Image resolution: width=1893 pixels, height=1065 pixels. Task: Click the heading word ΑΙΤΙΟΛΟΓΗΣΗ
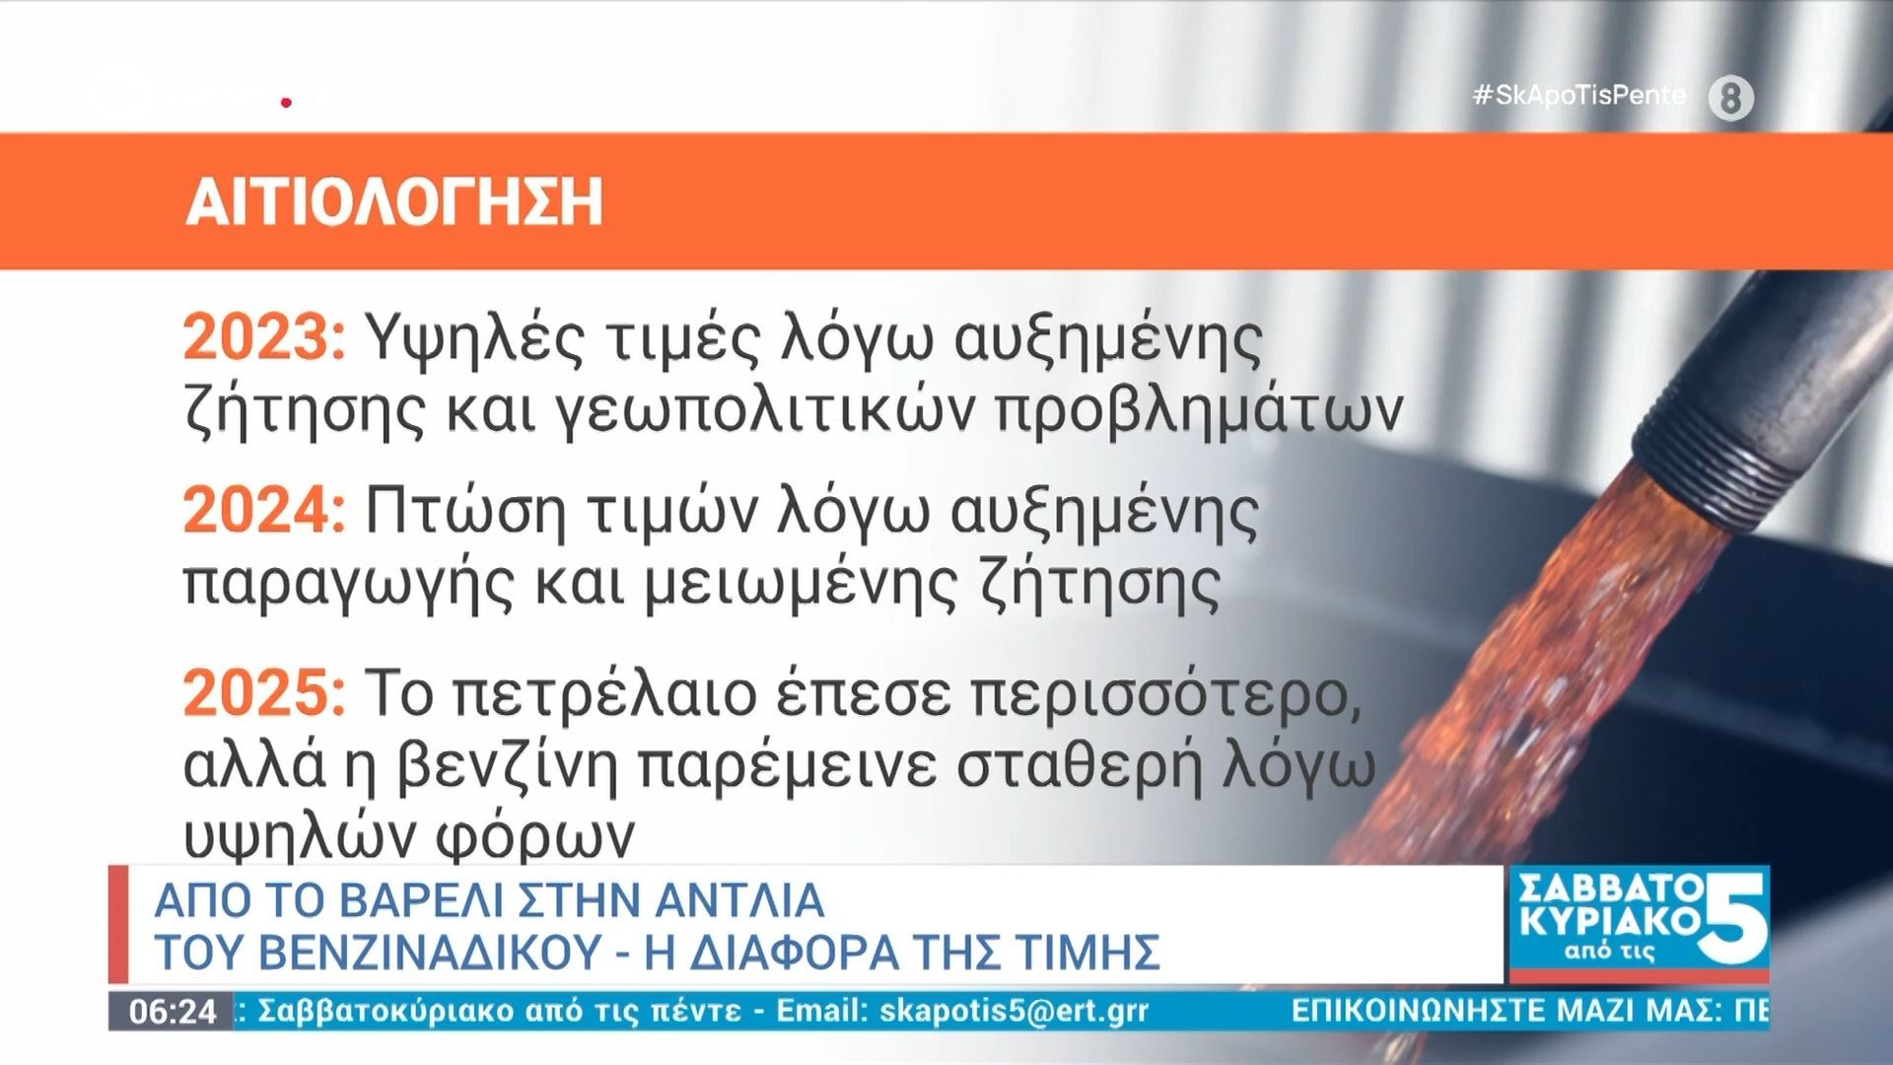(x=393, y=202)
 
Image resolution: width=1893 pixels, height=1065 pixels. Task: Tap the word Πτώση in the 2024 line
(x=465, y=512)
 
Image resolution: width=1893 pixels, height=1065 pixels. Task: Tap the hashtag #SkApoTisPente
(x=1579, y=95)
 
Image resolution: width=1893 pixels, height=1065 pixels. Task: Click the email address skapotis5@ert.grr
(x=1014, y=1012)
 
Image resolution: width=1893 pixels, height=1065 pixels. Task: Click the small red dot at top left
(x=286, y=102)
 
